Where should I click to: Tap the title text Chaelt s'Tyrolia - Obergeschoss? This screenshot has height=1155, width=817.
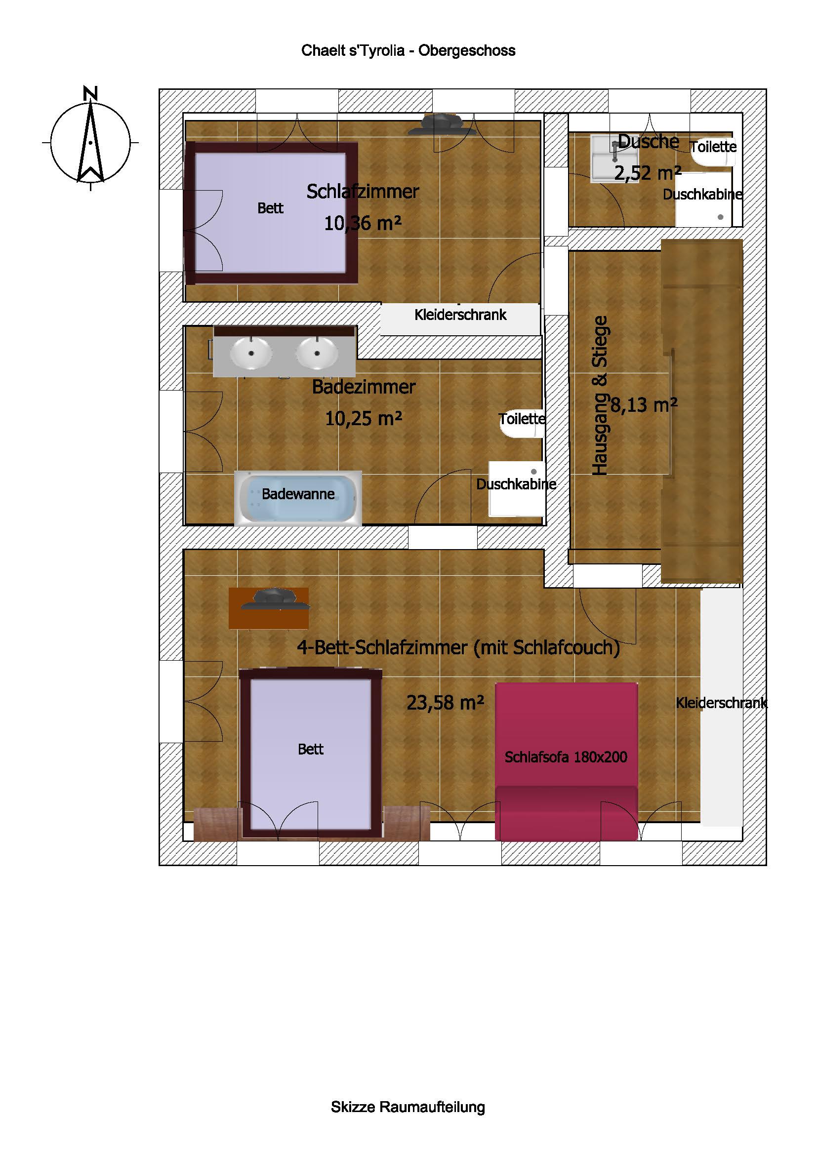pyautogui.click(x=408, y=51)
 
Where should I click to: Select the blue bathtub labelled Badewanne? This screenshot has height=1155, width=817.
pyautogui.click(x=298, y=499)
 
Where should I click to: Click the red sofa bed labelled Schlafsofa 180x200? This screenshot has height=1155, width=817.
pyautogui.click(x=567, y=761)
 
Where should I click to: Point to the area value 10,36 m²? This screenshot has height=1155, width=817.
pyautogui.click(x=363, y=223)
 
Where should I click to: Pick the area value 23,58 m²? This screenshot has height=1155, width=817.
pyautogui.click(x=445, y=702)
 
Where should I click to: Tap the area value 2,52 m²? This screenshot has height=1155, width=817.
pyautogui.click(x=648, y=173)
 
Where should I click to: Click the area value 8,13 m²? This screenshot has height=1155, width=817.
pyautogui.click(x=644, y=404)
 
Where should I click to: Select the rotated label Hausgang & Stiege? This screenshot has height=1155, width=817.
pyautogui.click(x=600, y=396)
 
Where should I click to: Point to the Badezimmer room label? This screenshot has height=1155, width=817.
pyautogui.click(x=364, y=387)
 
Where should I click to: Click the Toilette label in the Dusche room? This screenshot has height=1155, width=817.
pyautogui.click(x=713, y=147)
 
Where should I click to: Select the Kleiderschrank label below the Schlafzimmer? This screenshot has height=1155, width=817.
pyautogui.click(x=460, y=315)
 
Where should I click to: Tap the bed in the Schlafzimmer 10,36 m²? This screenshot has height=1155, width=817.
pyautogui.click(x=271, y=213)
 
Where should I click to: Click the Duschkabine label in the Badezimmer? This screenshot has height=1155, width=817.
pyautogui.click(x=516, y=484)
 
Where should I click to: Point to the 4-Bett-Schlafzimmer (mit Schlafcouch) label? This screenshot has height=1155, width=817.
pyautogui.click(x=458, y=647)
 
